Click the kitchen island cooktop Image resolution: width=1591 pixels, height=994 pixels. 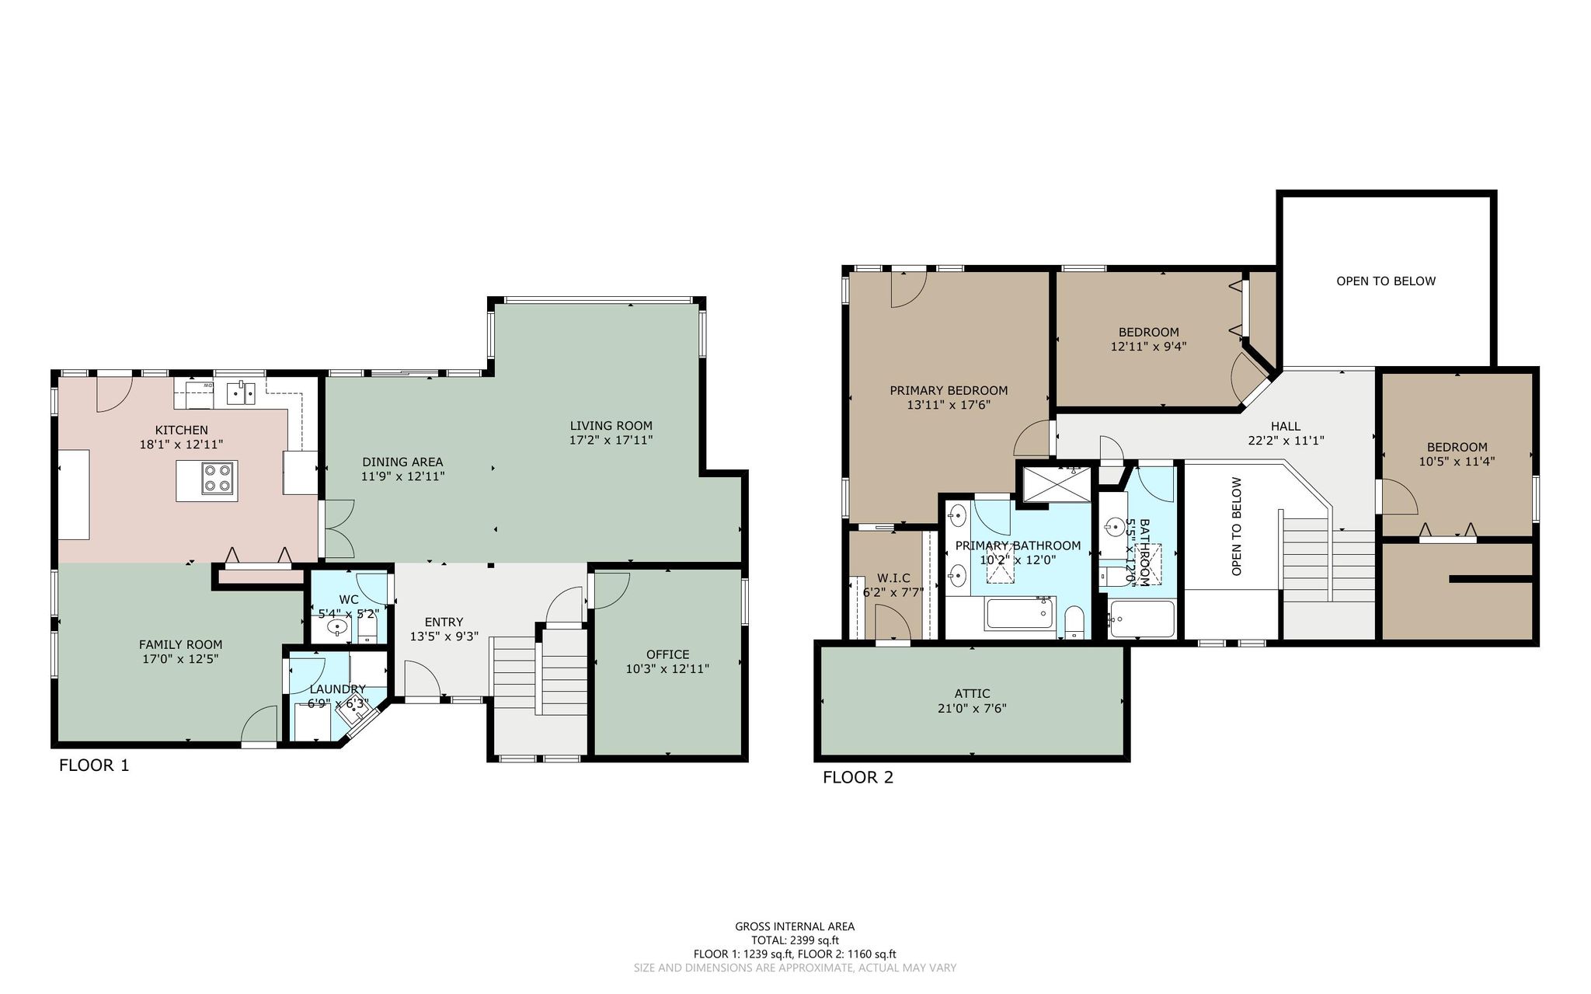pyautogui.click(x=218, y=478)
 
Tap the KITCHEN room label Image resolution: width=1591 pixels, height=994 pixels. pyautogui.click(x=182, y=430)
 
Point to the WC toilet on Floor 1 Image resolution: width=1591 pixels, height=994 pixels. pyautogui.click(x=367, y=626)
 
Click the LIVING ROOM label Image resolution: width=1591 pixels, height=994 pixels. pyautogui.click(x=611, y=425)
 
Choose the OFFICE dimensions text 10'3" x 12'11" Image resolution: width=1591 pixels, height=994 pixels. pyautogui.click(x=667, y=668)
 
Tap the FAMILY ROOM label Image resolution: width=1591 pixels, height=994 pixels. pyautogui.click(x=181, y=644)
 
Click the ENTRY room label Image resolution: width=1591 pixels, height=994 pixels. pyautogui.click(x=444, y=622)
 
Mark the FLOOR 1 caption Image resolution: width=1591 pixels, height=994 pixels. pyautogui.click(x=94, y=766)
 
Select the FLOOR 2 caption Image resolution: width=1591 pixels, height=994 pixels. pyautogui.click(x=858, y=777)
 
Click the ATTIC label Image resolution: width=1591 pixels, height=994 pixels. pyautogui.click(x=973, y=693)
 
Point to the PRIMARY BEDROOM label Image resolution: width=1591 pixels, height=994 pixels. pyautogui.click(x=949, y=390)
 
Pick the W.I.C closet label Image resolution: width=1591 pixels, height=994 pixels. pyautogui.click(x=893, y=577)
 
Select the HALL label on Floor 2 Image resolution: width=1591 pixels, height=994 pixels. pyautogui.click(x=1286, y=426)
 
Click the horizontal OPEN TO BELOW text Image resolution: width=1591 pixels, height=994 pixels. pyautogui.click(x=1386, y=281)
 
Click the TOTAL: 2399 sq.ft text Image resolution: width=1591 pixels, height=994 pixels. pyautogui.click(x=795, y=940)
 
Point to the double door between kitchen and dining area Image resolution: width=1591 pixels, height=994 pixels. pyautogui.click(x=339, y=528)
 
